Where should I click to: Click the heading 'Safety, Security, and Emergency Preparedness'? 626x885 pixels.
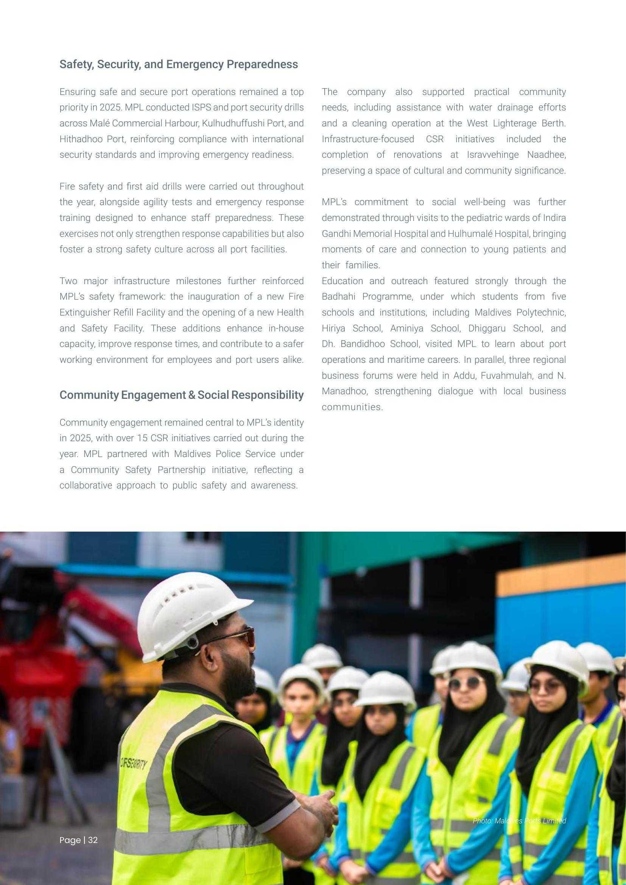(x=179, y=64)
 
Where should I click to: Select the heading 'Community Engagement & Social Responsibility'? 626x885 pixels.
(x=181, y=395)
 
